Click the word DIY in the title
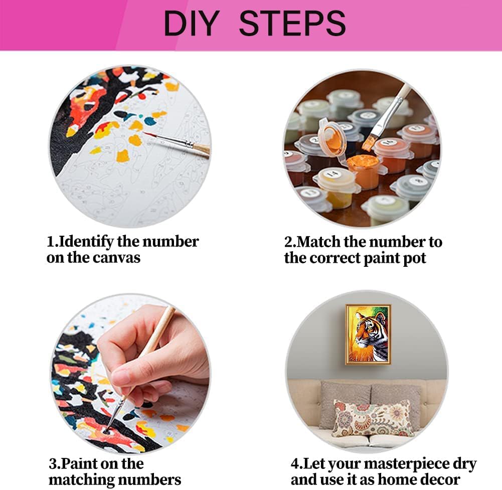[192, 24]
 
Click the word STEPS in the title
[292, 24]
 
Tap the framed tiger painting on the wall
[369, 335]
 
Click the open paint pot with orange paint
[362, 172]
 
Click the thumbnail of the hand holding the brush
[130, 373]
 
